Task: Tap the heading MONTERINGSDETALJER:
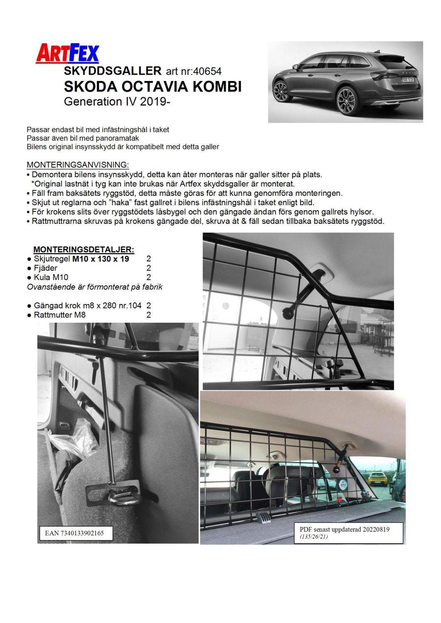[x=84, y=250]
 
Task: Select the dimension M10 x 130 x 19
[x=100, y=259]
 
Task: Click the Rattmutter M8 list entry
[x=59, y=315]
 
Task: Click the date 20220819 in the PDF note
[x=374, y=530]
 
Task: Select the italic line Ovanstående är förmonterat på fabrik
[x=94, y=287]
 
